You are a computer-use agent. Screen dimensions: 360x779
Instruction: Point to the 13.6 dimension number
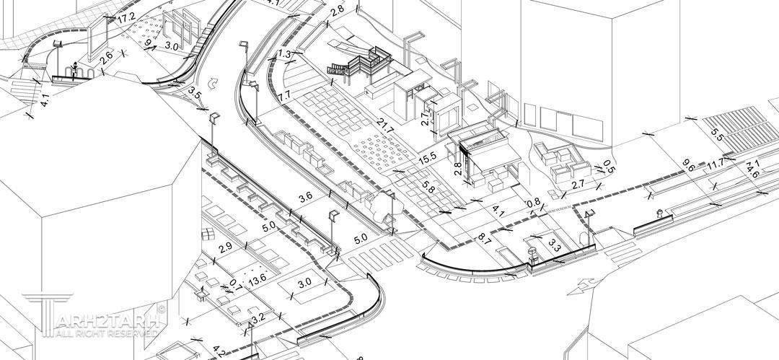tap(257, 278)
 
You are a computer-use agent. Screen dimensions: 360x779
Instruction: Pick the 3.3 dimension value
tap(554, 245)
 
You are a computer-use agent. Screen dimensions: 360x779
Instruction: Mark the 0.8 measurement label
tap(533, 203)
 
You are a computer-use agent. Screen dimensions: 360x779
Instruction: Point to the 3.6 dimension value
tap(305, 196)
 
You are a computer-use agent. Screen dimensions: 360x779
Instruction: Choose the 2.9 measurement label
tap(225, 247)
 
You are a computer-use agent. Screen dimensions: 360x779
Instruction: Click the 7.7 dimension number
tap(283, 95)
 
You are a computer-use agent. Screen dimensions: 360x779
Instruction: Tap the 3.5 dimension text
tap(195, 92)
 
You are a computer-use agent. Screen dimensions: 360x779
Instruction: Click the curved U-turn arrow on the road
tap(212, 83)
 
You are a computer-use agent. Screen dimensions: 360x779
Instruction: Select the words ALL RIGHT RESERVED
tap(101, 334)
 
